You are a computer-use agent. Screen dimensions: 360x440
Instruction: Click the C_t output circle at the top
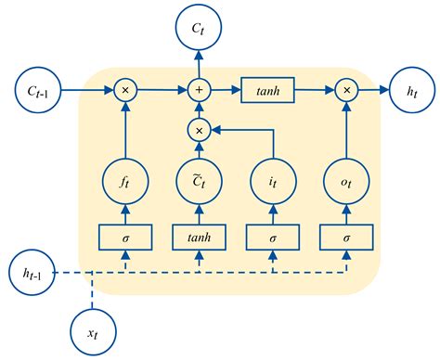click(199, 30)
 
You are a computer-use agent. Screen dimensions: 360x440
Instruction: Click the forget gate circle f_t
click(123, 180)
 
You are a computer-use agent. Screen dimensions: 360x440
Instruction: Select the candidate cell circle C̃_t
click(199, 180)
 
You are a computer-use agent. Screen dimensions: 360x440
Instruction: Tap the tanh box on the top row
click(268, 90)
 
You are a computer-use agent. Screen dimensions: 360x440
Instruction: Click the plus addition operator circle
click(199, 90)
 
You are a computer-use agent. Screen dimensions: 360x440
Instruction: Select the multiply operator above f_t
click(123, 90)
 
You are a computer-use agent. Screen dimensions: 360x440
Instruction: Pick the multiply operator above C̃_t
click(199, 130)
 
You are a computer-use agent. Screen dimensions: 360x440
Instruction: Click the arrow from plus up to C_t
click(199, 67)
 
